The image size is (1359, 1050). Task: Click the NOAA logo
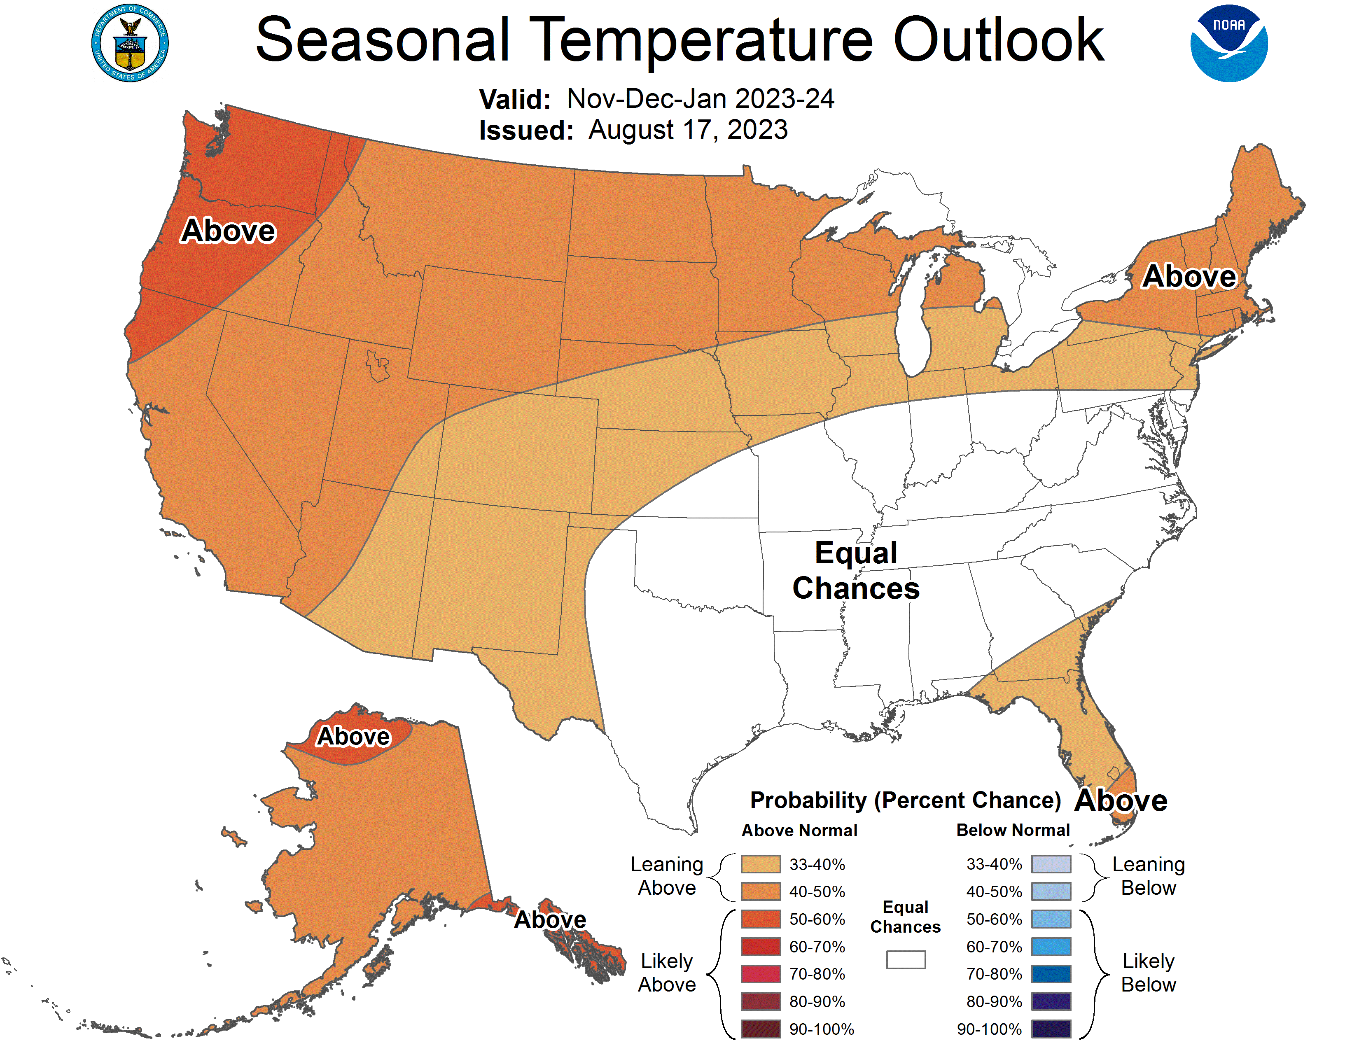(1228, 44)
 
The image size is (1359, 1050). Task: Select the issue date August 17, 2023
(688, 130)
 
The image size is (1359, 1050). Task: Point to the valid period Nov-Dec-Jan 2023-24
(700, 99)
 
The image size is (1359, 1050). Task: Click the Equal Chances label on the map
(856, 570)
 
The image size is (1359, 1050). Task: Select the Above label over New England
(1189, 276)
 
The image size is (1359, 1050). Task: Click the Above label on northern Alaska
(353, 737)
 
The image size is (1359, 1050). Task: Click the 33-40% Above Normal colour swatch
(760, 864)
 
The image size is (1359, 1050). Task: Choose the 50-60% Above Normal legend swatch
(760, 919)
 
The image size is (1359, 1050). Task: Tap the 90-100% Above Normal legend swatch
(760, 1029)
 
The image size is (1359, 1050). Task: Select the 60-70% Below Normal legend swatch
(1051, 947)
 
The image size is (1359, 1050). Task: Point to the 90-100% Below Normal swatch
(1051, 1029)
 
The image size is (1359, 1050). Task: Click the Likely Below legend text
(1148, 973)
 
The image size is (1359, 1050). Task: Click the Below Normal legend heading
(1012, 830)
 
